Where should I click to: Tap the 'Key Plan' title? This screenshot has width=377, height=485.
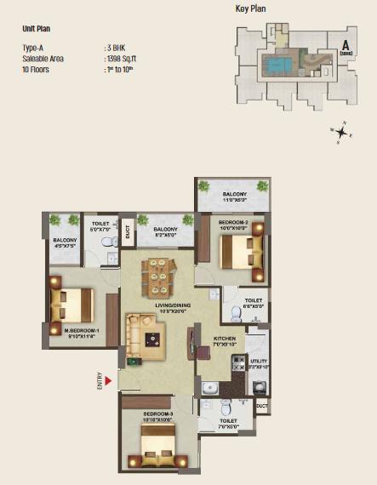tap(252, 9)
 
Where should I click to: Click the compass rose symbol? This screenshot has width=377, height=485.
tap(341, 132)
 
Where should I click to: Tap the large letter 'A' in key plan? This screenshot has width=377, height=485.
tap(346, 45)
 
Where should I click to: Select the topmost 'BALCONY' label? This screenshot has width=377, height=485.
tap(235, 195)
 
